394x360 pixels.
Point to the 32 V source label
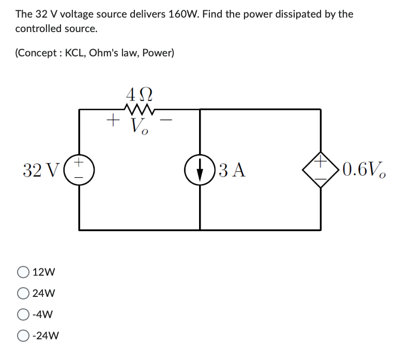[x=36, y=169]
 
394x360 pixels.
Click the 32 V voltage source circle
[x=79, y=169]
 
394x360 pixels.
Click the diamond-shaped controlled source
[x=321, y=169]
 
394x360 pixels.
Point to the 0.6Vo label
[x=364, y=170]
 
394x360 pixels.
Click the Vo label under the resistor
[x=140, y=126]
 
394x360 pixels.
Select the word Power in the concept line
[x=158, y=53]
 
